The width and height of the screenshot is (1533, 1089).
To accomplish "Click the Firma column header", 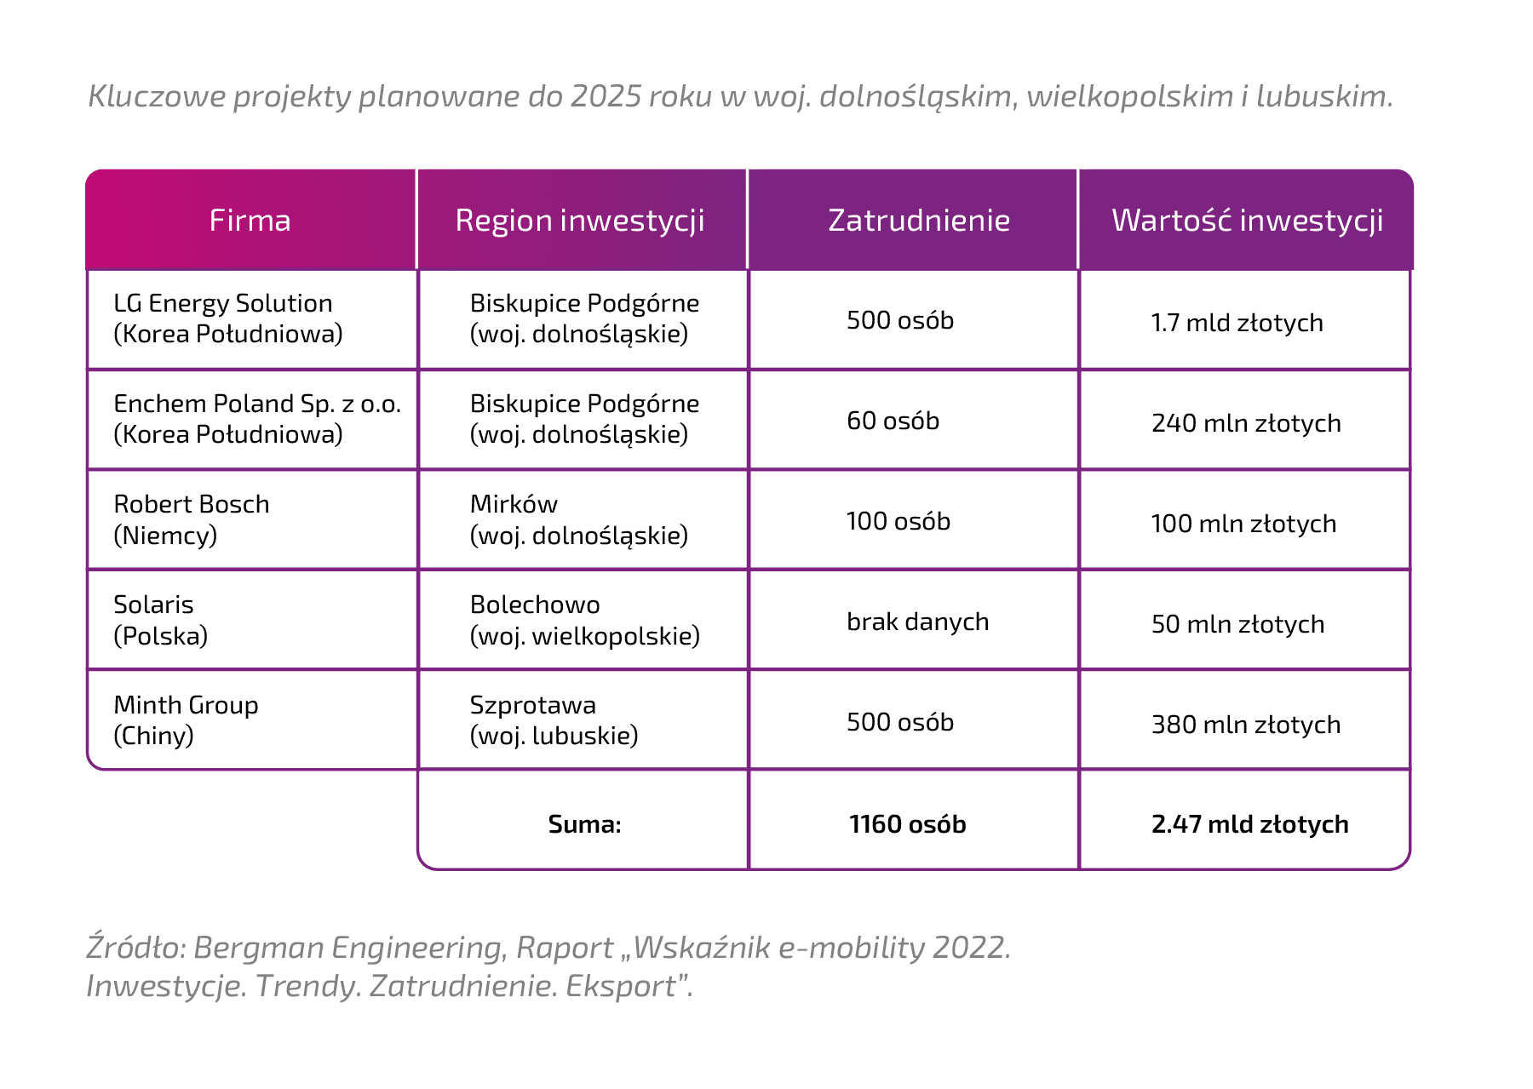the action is (x=250, y=221).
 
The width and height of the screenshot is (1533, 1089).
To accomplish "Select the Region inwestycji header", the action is (x=580, y=221).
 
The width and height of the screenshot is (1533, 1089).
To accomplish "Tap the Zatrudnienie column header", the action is (x=919, y=221).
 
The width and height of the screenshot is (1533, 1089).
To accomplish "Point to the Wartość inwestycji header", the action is (x=1248, y=221).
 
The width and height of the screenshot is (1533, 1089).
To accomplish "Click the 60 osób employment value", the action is (x=893, y=421).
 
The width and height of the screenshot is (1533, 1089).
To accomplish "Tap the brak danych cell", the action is (x=918, y=622).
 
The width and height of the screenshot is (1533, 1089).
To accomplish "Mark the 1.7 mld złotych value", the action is (x=1237, y=323).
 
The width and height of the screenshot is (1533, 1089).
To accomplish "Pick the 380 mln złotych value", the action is (x=1246, y=725).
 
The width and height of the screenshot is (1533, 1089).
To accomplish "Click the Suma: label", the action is (x=585, y=824).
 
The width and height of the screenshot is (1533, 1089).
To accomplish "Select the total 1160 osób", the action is (x=908, y=824).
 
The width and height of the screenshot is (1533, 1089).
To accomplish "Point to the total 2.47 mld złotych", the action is (x=1250, y=824).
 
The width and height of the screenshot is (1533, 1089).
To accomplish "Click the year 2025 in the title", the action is (x=606, y=96).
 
